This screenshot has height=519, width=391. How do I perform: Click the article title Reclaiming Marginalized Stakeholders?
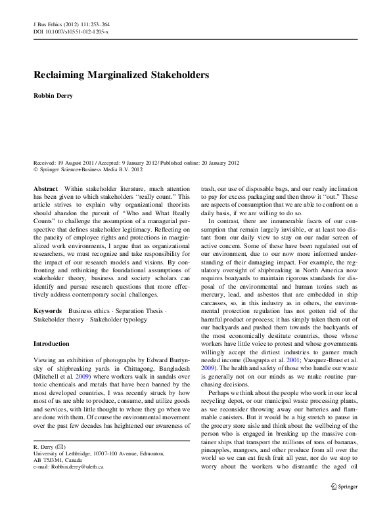[x=121, y=75]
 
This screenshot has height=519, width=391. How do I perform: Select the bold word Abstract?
[x=45, y=188]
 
